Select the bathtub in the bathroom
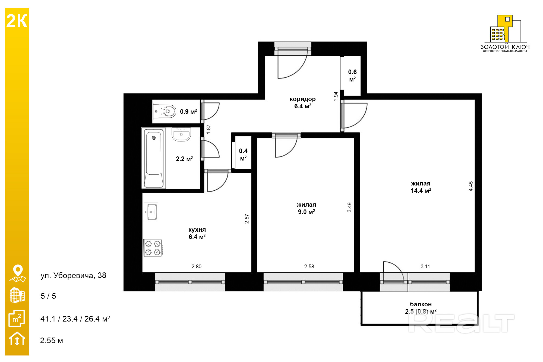[154, 158]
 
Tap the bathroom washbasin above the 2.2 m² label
[181, 134]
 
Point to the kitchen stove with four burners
[153, 248]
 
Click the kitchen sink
[151, 212]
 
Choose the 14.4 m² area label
[421, 191]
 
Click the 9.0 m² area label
[307, 212]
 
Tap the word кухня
[197, 230]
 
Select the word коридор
[303, 99]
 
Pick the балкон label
[421, 304]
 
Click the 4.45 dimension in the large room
[471, 186]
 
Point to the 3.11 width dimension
[425, 266]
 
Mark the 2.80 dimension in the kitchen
[197, 266]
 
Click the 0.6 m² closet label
[352, 75]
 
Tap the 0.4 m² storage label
[243, 155]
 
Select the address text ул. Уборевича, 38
[73, 275]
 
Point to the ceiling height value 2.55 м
[52, 341]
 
